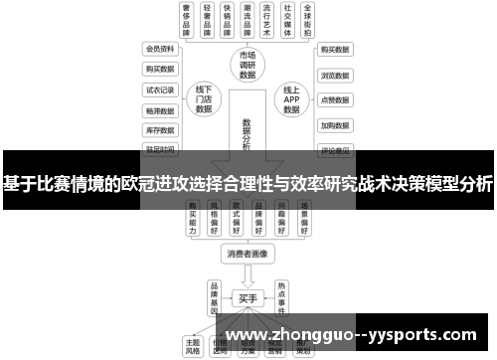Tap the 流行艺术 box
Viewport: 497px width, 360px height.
[263, 20]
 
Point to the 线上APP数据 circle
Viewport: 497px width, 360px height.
[291, 99]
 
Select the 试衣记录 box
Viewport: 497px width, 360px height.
[160, 90]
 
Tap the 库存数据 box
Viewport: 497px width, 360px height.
[160, 130]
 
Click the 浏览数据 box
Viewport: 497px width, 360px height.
[333, 75]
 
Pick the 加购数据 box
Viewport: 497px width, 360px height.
[333, 126]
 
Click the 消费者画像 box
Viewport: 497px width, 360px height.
[248, 254]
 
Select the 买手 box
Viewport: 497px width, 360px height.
[248, 296]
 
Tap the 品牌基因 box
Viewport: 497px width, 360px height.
[214, 296]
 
